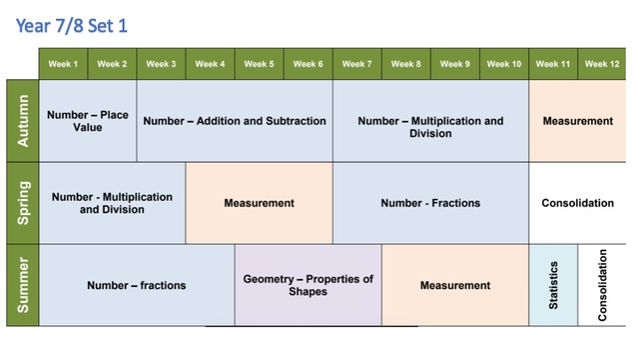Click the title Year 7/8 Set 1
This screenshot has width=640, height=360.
tap(72, 26)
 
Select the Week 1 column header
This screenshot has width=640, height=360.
tap(63, 64)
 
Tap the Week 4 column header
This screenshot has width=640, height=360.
tap(210, 64)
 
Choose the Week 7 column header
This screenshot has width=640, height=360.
tap(356, 64)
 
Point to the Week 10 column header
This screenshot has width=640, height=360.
tap(503, 64)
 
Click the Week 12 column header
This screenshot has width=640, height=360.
tap(602, 64)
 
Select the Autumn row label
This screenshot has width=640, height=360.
tap(22, 121)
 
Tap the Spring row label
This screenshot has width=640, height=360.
tap(22, 203)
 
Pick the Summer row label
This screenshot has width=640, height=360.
tap(22, 285)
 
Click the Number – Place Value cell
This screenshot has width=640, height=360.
tap(88, 121)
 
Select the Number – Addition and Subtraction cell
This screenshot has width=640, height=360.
tap(235, 121)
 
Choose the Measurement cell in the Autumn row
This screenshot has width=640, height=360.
tap(578, 121)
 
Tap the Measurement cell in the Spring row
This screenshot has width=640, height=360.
tap(259, 203)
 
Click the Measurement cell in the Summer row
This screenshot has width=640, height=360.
tap(455, 285)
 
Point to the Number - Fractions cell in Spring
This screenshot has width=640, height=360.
tap(430, 203)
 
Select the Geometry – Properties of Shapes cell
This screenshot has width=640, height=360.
tap(308, 285)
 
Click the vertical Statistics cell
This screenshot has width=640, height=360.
tap(553, 285)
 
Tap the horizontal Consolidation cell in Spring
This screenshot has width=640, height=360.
tap(578, 203)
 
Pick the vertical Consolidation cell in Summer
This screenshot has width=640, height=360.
tap(602, 285)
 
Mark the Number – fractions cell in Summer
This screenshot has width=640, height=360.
tap(137, 285)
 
